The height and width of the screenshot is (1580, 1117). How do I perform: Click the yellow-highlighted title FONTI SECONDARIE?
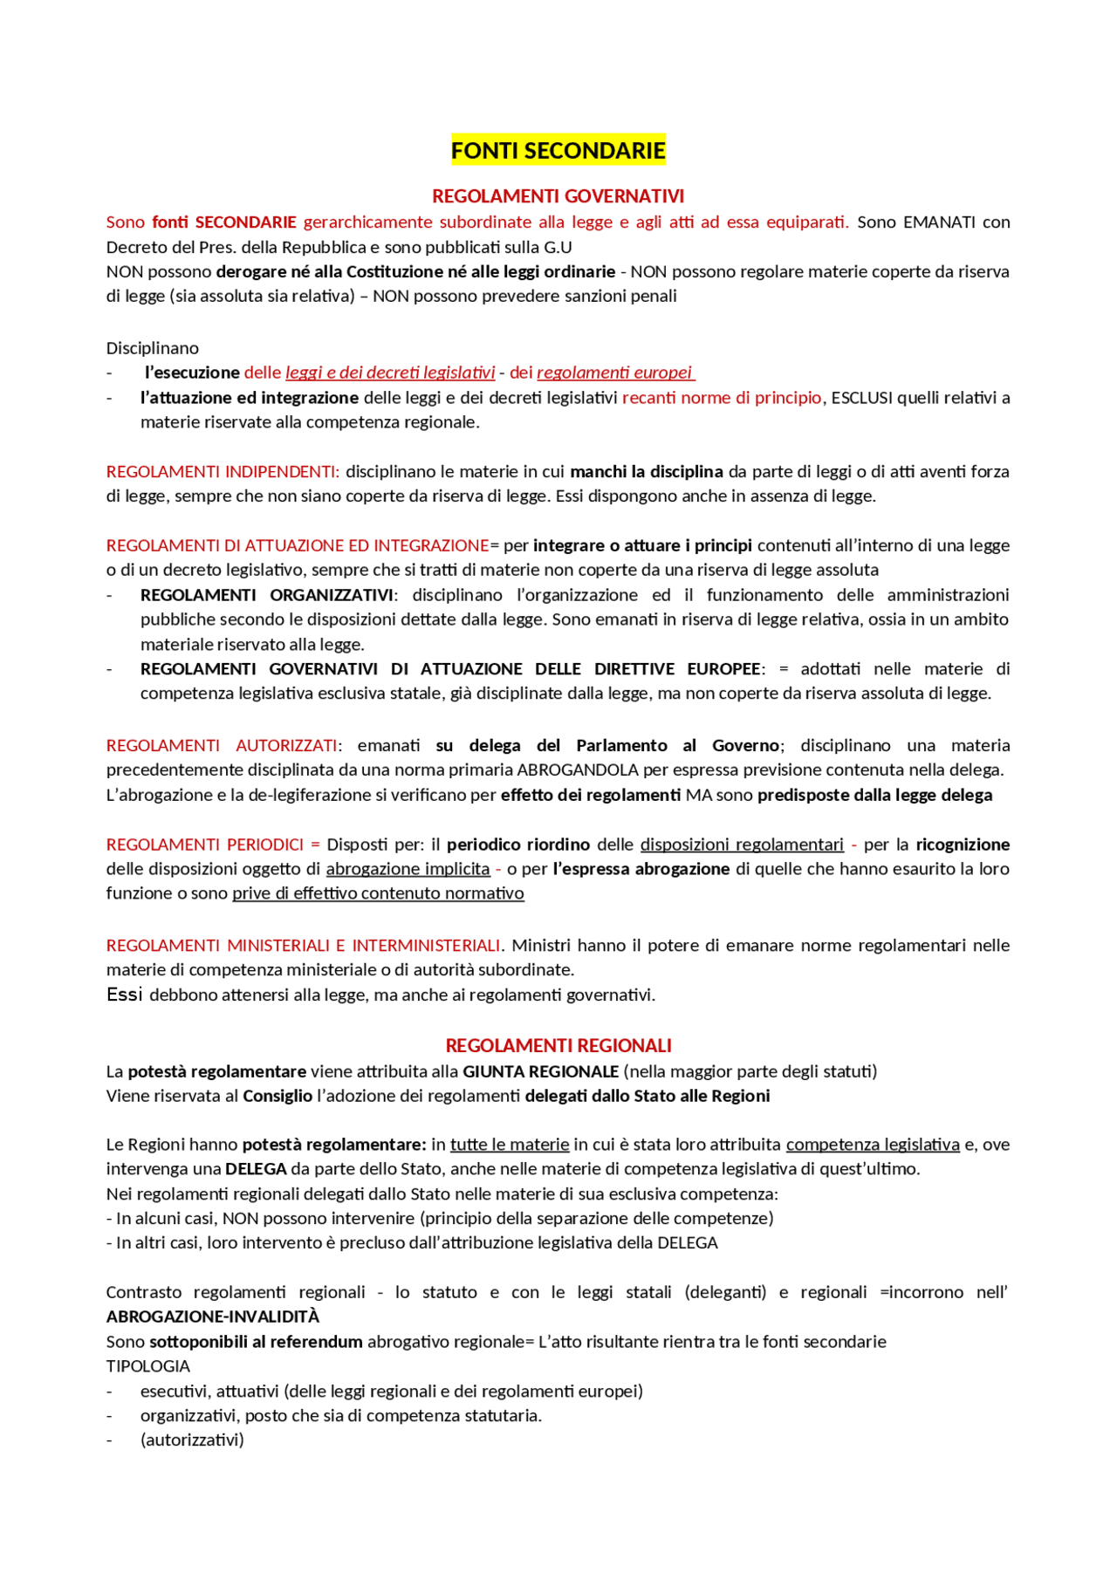(x=558, y=151)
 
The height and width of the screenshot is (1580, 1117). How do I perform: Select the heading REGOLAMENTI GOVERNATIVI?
(x=558, y=196)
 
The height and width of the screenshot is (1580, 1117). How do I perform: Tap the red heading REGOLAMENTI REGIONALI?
(x=558, y=1045)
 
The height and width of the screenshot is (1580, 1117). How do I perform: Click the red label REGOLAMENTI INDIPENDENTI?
(x=223, y=472)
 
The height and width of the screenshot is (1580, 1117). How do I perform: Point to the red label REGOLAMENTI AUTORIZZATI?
(x=222, y=746)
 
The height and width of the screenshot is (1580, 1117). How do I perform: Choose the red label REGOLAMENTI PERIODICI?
(x=205, y=845)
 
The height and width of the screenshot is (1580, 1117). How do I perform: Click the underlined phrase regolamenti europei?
(x=615, y=373)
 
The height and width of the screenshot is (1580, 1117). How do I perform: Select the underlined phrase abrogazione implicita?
(x=408, y=869)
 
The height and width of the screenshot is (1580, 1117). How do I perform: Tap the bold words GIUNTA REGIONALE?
(x=540, y=1071)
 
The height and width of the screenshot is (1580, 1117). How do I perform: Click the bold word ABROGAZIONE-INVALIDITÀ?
(x=213, y=1317)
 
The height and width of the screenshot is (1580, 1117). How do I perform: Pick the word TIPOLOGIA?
(x=148, y=1366)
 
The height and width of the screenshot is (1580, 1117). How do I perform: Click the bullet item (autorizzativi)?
(x=192, y=1440)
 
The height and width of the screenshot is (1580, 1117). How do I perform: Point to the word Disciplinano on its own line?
(x=153, y=348)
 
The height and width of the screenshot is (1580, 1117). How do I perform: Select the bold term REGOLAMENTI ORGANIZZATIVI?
(x=267, y=595)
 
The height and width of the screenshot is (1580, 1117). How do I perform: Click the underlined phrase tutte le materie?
(x=510, y=1145)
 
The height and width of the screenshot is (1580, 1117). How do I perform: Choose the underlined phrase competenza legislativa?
(x=873, y=1145)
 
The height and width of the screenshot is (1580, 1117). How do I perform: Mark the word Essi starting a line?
(x=124, y=995)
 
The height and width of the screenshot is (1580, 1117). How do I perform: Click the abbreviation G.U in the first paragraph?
(x=558, y=247)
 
